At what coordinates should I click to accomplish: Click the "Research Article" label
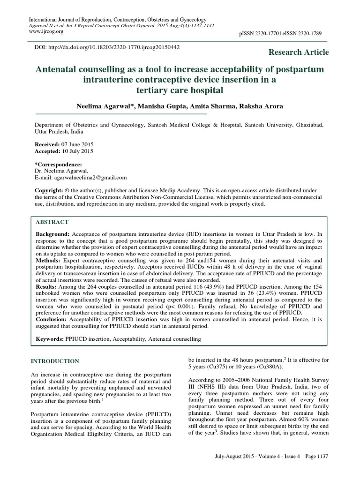[x=299, y=52]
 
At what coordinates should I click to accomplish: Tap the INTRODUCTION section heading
[x=55, y=361]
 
